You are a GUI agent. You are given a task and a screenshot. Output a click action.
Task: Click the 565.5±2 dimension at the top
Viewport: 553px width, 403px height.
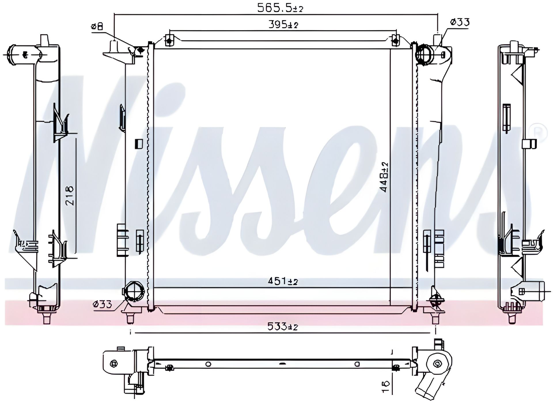click(x=280, y=8)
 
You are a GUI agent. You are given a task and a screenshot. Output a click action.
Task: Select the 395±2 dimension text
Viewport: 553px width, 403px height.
click(x=283, y=25)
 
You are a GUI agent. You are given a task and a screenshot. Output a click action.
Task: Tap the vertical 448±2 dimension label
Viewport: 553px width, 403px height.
click(x=384, y=177)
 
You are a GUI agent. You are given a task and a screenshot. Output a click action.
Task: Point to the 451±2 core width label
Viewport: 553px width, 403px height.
click(x=283, y=281)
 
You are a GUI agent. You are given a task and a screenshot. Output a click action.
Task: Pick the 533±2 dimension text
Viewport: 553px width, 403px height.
click(x=283, y=327)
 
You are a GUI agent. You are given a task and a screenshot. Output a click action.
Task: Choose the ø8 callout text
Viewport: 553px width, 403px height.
click(x=97, y=27)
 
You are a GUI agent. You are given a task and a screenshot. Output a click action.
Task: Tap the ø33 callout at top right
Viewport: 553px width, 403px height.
click(x=459, y=22)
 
